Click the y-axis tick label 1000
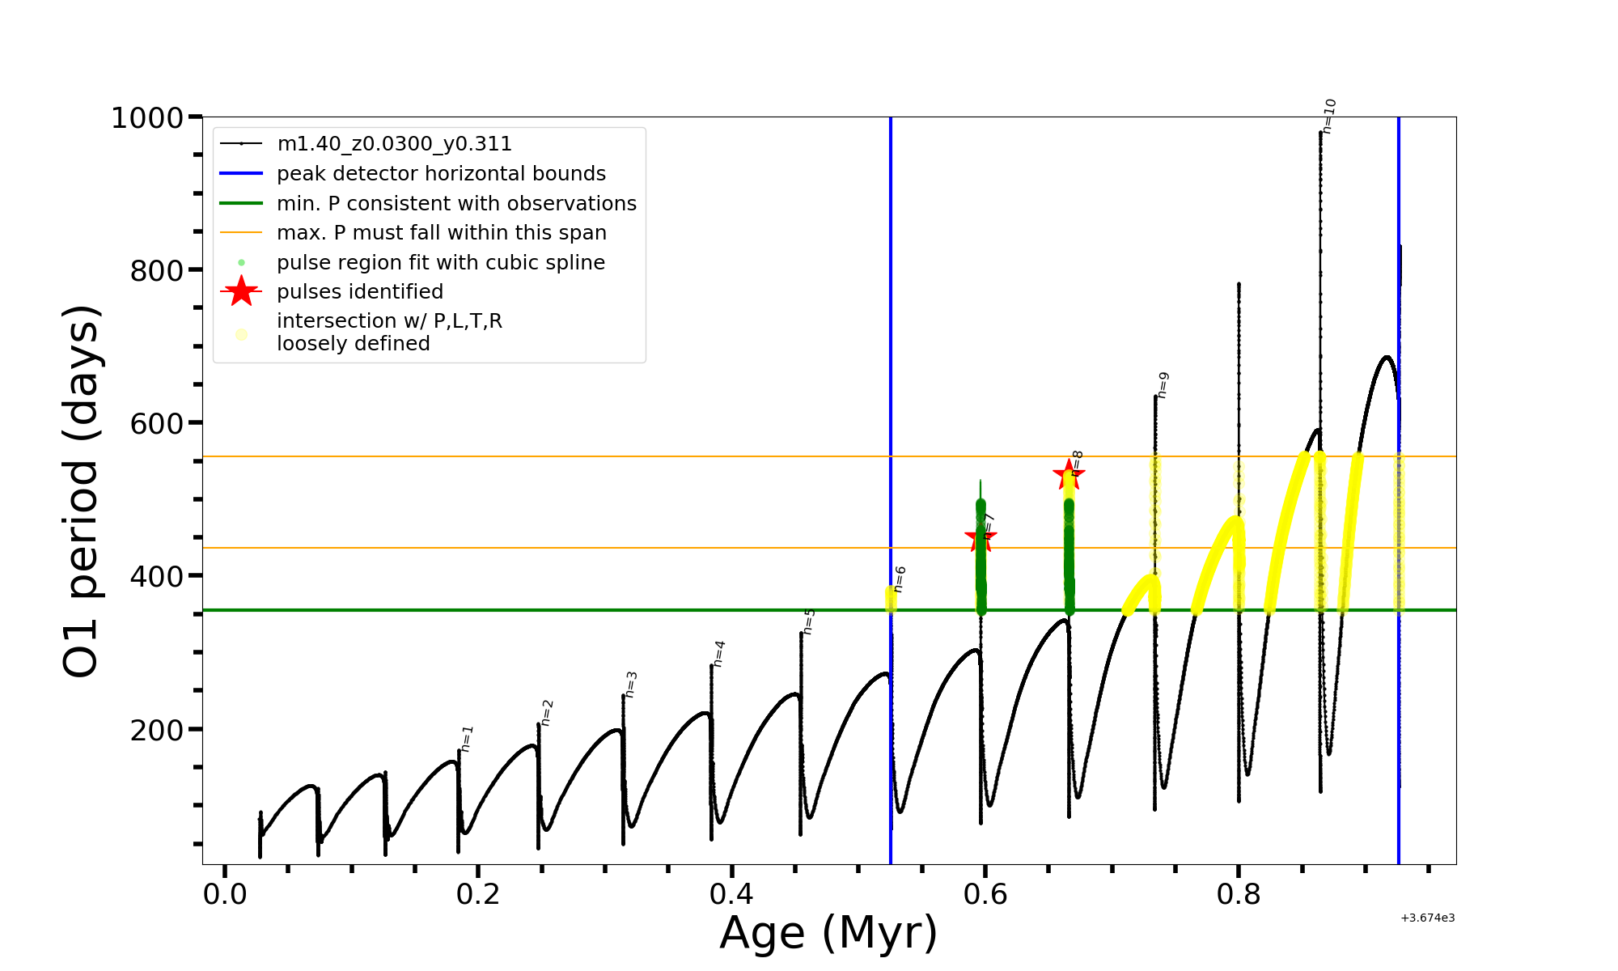[147, 118]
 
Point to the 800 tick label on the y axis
[157, 271]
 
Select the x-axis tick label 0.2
[478, 894]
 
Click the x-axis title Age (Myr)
[828, 932]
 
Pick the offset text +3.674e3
[1427, 918]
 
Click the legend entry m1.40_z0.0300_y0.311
[394, 144]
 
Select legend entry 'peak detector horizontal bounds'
[441, 174]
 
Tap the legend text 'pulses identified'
[360, 292]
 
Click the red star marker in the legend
[241, 291]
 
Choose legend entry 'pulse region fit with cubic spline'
[441, 263]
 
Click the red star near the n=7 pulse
[981, 536]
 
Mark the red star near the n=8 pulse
[1069, 475]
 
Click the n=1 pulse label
[467, 738]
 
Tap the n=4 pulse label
[718, 653]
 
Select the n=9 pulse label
[1163, 384]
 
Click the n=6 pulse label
[900, 579]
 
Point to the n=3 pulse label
[631, 684]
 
